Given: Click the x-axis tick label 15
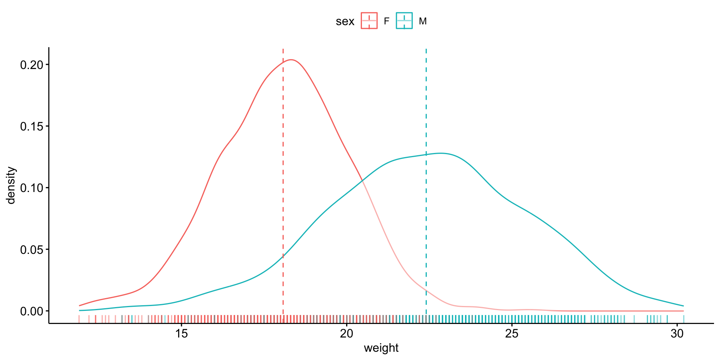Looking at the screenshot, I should [x=181, y=333].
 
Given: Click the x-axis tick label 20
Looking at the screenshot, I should [x=346, y=333].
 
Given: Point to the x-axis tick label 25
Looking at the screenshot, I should [x=512, y=333].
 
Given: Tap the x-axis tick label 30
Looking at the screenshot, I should [x=677, y=333].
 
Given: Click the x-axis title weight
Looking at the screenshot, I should [x=381, y=348].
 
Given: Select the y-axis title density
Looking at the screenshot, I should [x=11, y=185].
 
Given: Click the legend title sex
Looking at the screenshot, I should [x=345, y=21].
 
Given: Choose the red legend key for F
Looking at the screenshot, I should [x=369, y=21].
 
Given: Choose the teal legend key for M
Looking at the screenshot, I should [x=404, y=21].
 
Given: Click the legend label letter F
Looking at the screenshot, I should [x=386, y=21].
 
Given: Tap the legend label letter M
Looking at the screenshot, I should [x=423, y=21].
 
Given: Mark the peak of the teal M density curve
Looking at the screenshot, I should [x=442, y=153].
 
